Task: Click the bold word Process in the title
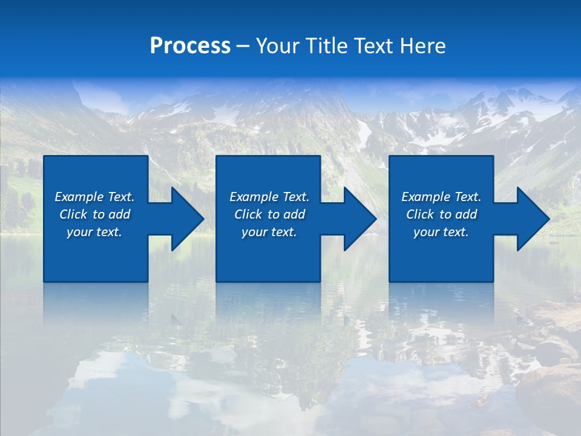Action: [x=190, y=46]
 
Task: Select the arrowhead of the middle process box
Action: [x=359, y=219]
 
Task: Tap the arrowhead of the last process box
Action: [x=532, y=219]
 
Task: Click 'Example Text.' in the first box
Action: [x=94, y=197]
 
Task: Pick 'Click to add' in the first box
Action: [x=94, y=214]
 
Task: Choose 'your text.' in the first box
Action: [x=94, y=232]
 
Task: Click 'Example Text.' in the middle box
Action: [x=269, y=197]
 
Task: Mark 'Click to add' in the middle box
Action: [x=269, y=214]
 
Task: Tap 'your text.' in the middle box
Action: [x=269, y=232]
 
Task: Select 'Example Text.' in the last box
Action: [x=441, y=197]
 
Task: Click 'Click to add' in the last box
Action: [x=441, y=214]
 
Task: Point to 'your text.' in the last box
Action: [x=441, y=232]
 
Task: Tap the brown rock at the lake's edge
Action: [x=551, y=388]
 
